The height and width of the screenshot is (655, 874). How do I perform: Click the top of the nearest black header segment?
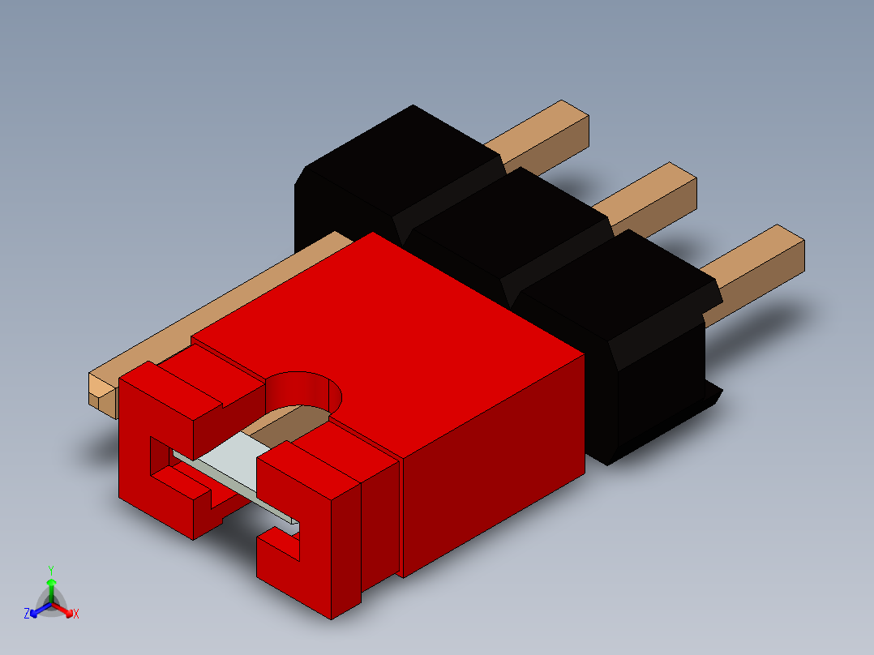tap(624, 284)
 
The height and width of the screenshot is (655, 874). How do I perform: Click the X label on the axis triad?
tap(76, 614)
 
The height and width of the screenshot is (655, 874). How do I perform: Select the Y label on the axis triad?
tap(50, 570)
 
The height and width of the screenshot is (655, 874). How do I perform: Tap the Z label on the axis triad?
tap(27, 614)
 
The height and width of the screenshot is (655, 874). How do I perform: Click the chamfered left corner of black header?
tap(301, 174)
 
